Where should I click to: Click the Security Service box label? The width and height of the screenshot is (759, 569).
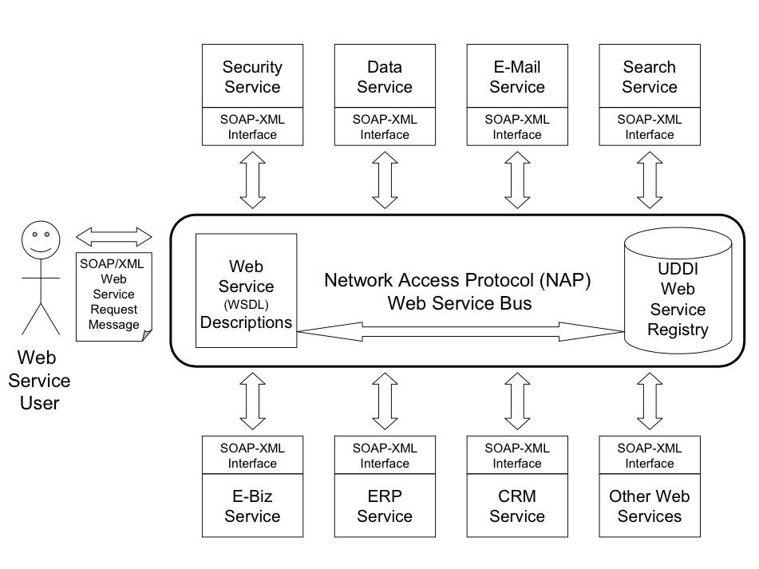(252, 77)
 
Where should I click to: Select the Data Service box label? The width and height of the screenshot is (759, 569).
(385, 77)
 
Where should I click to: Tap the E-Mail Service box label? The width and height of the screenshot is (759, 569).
(516, 77)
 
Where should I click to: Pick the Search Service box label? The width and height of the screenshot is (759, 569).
(649, 77)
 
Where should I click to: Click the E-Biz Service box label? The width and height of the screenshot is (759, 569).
(252, 506)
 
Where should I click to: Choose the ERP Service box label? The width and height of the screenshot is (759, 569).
(385, 506)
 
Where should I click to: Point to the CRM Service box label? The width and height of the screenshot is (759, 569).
(516, 506)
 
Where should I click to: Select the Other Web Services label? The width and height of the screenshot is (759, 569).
(649, 506)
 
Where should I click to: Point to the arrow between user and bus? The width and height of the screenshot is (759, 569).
(114, 236)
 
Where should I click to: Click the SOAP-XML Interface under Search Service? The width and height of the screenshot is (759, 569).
(649, 127)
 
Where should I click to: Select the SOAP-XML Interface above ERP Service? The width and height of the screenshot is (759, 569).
(385, 456)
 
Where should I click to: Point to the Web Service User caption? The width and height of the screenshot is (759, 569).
(39, 379)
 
